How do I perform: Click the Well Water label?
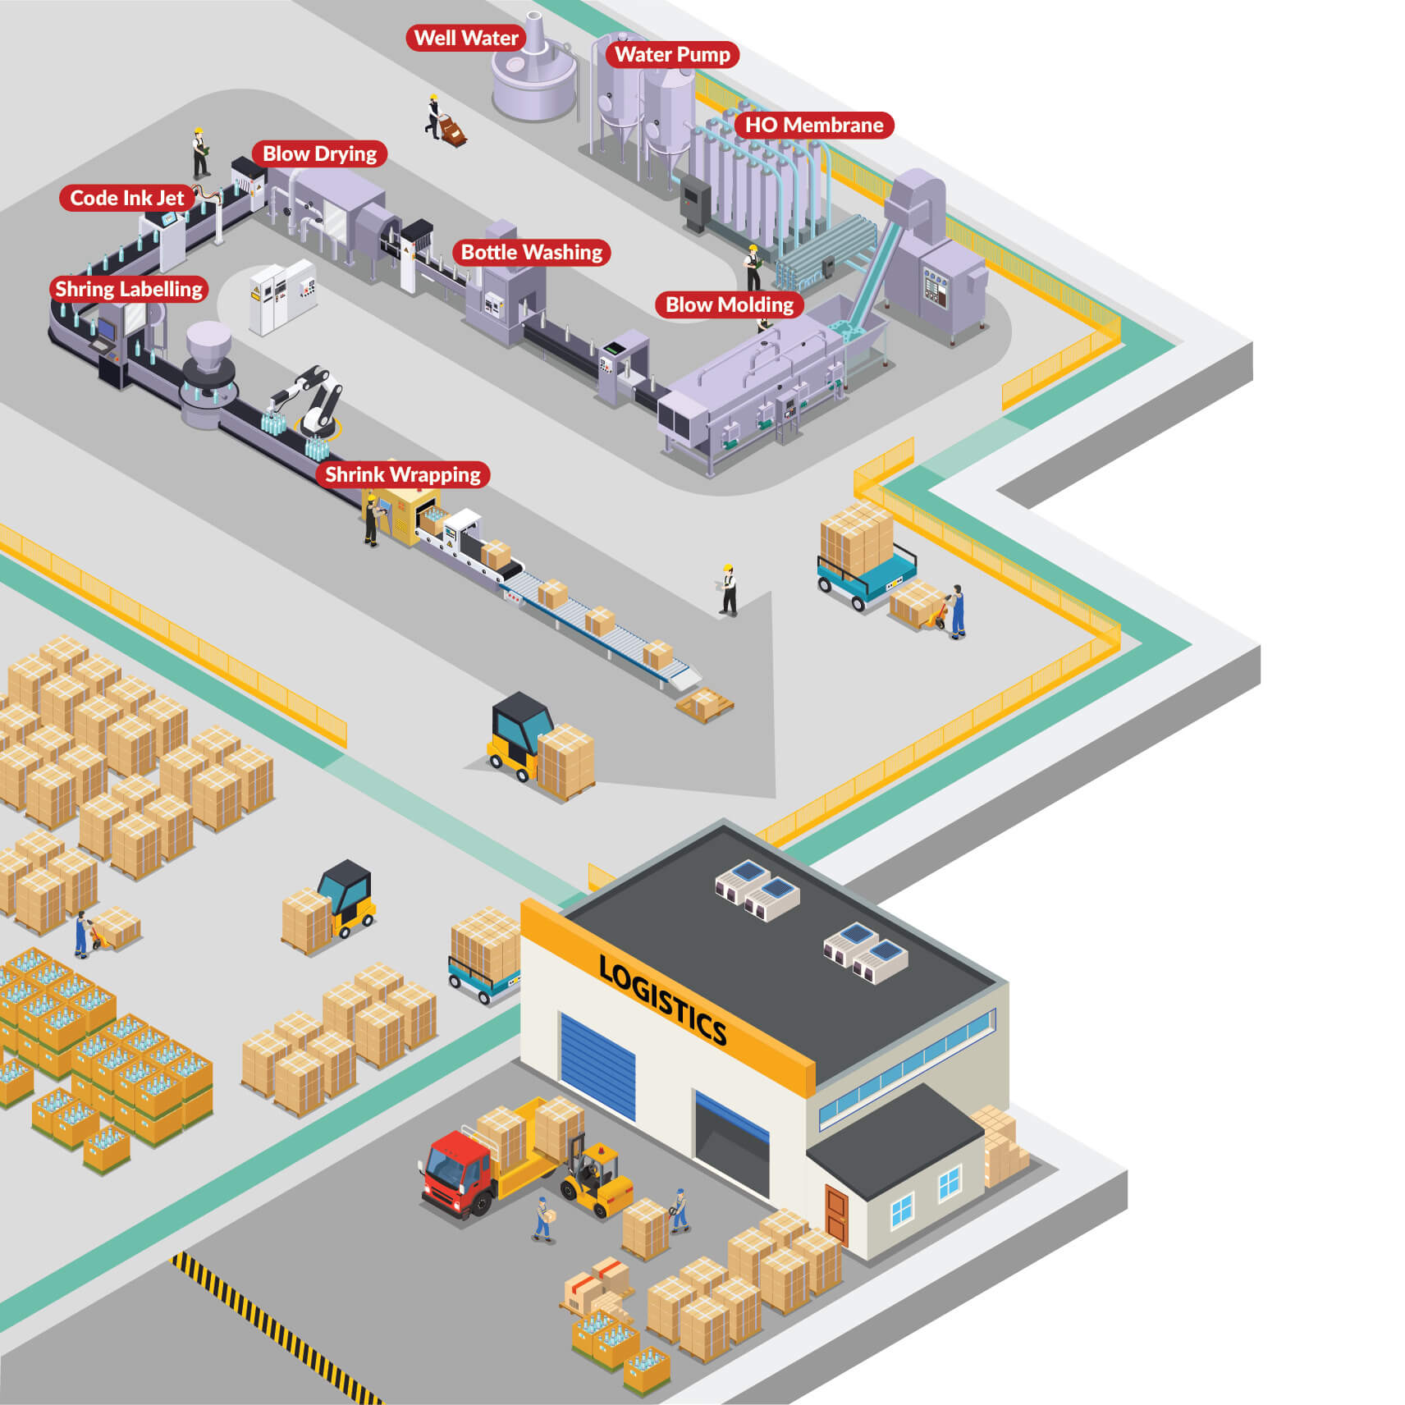click(465, 38)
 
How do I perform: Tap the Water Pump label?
click(672, 54)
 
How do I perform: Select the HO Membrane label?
click(813, 125)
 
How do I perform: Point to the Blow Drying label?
click(319, 153)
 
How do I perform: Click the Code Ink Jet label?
click(127, 198)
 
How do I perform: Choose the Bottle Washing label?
click(531, 252)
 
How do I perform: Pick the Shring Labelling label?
click(129, 289)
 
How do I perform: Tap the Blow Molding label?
click(729, 304)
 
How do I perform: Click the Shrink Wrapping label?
click(402, 474)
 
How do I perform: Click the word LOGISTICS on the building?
click(662, 1000)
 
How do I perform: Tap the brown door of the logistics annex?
click(836, 1214)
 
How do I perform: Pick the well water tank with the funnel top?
click(534, 78)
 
